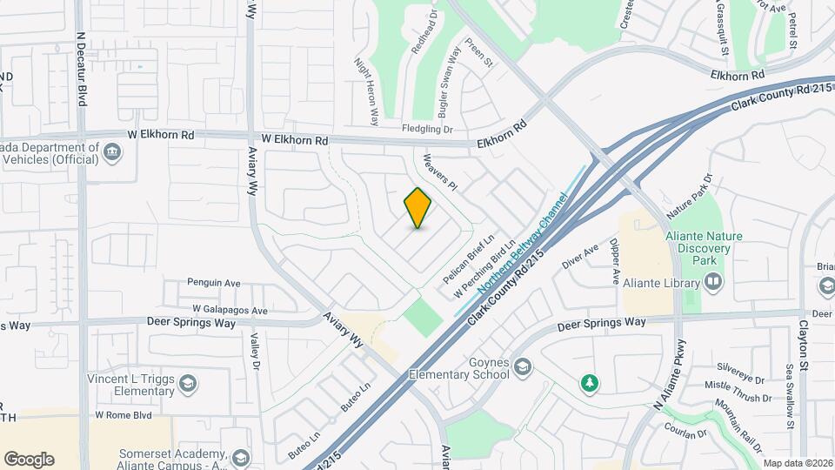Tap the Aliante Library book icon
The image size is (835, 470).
click(x=713, y=282)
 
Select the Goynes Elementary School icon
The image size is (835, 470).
click(x=522, y=366)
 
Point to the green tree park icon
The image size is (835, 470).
click(x=590, y=382)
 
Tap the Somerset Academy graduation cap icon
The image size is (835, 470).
click(x=240, y=458)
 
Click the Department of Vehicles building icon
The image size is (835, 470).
click(x=111, y=152)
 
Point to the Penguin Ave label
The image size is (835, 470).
click(x=214, y=283)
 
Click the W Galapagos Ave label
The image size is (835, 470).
click(x=230, y=310)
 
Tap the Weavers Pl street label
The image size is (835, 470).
click(x=439, y=172)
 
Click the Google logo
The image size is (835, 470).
click(x=29, y=460)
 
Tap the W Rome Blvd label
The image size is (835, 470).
click(x=124, y=415)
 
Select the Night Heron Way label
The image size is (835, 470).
click(x=365, y=91)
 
